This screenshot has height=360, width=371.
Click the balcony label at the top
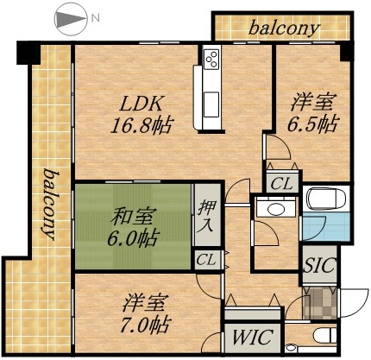click(x=284, y=28)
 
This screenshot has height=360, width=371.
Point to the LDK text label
click(x=138, y=102)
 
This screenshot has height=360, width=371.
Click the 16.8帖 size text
click(x=140, y=124)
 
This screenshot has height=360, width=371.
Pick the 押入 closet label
click(x=205, y=217)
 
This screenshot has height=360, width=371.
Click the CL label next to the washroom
click(x=282, y=183)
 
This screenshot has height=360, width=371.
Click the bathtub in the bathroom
click(x=326, y=199)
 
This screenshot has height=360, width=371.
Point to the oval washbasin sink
click(x=276, y=210)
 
